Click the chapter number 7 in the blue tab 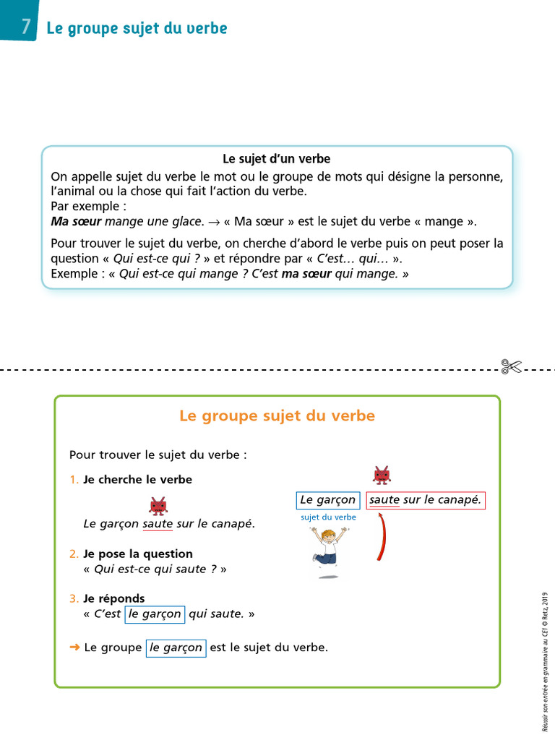[25, 27]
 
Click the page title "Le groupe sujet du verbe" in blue [137, 29]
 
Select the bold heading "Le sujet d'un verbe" [277, 158]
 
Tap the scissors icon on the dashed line [511, 367]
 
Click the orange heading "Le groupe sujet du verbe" [277, 416]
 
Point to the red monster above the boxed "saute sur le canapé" [382, 475]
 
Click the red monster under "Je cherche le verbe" [158, 505]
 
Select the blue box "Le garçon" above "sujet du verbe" [327, 500]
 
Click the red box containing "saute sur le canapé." [425, 500]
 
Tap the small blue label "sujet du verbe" [328, 517]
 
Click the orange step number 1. [73, 480]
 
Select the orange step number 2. [73, 554]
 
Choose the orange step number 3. [73, 598]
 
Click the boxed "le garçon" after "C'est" [154, 614]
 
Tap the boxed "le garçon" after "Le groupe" [176, 648]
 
